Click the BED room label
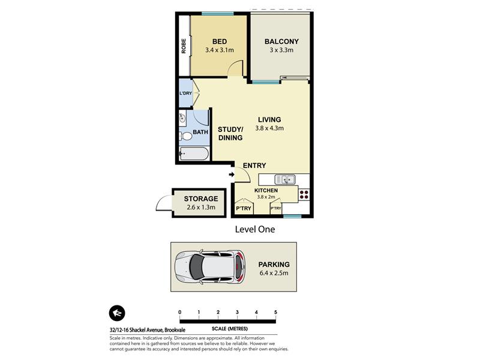220,41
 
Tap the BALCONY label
281,41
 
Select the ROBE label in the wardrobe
184,46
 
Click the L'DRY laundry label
185,93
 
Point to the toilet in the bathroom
185,136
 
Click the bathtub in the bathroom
194,154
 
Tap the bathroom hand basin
182,117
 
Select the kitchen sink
284,179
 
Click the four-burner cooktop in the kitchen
304,194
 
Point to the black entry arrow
232,175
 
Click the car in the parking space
210,266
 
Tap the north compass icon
117,313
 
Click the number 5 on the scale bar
275,312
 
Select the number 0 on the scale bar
179,312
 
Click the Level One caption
254,229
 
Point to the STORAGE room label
201,199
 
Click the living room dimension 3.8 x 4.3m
269,128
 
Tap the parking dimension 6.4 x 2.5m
274,273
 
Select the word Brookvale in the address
175,330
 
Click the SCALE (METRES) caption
230,329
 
